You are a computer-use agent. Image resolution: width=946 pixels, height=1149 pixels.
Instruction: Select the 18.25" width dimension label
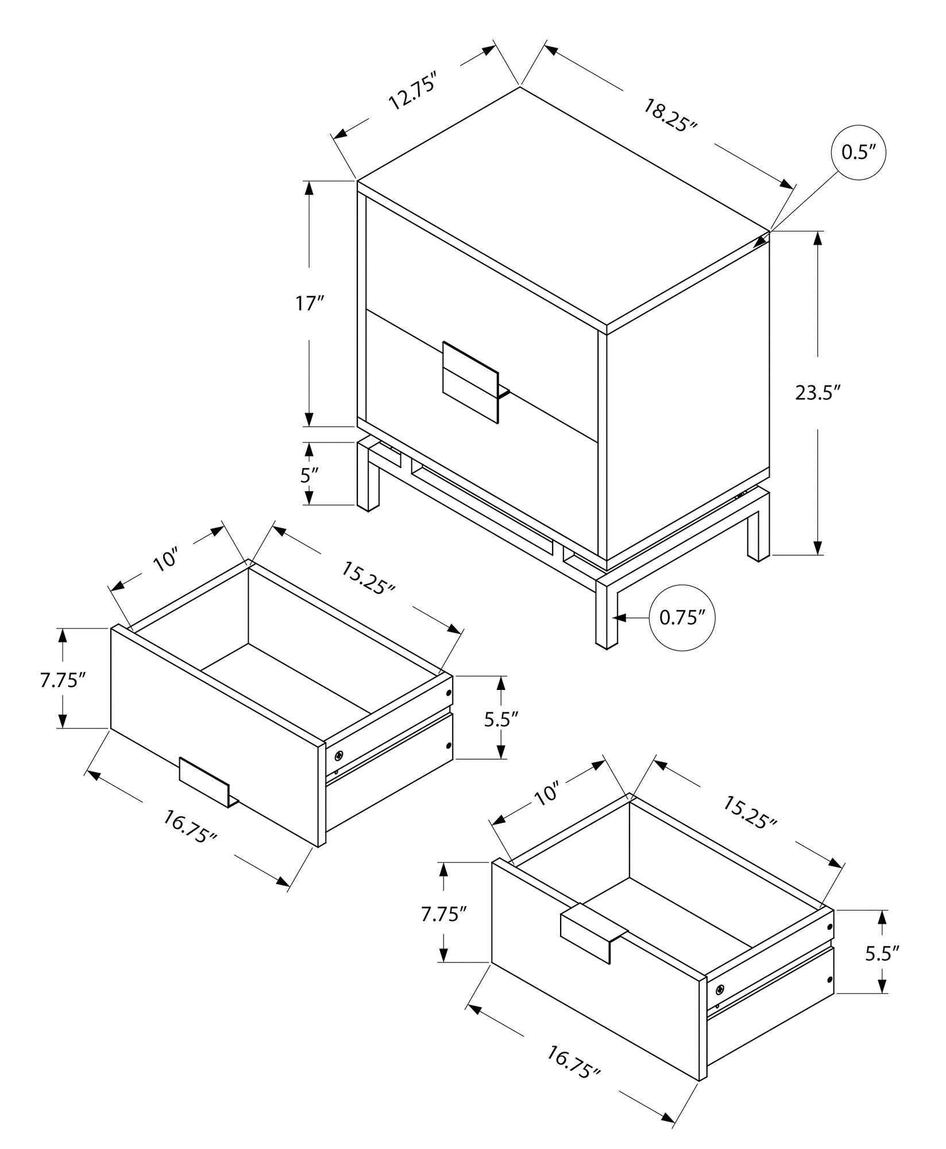669,115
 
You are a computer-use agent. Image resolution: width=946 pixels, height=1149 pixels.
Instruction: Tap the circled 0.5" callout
858,152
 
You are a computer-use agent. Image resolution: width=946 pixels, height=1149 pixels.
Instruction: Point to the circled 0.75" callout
682,618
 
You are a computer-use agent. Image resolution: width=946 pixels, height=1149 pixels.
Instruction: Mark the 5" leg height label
309,476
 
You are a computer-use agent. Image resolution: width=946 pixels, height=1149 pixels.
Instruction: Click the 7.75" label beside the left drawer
63,680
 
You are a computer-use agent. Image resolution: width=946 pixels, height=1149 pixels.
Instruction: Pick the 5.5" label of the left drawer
501,718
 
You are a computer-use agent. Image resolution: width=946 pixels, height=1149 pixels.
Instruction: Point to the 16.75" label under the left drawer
190,827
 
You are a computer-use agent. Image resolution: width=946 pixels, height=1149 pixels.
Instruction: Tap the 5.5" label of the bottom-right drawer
882,954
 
